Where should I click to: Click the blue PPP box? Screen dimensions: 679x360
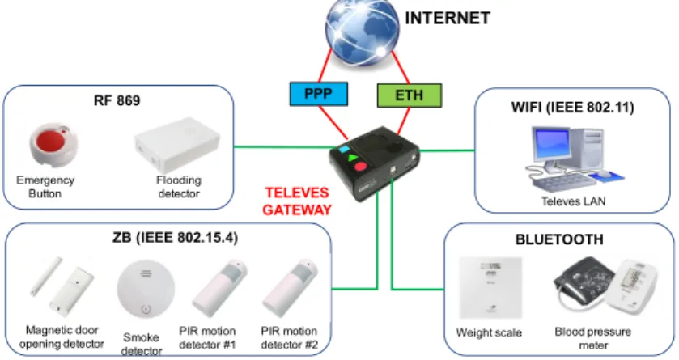point(318,94)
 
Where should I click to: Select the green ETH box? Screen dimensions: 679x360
point(410,95)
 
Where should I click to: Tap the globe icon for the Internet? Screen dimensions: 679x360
point(362,32)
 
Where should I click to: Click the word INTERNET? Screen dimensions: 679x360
point(448,18)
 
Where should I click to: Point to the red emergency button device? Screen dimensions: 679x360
point(53,144)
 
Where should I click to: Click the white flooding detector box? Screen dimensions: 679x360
point(177,145)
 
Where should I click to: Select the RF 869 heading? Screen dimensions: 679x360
point(117,101)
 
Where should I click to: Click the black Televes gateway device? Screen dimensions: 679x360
point(374,163)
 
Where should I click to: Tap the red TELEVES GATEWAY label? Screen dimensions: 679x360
point(297,201)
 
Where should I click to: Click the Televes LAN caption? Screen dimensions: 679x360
point(573,201)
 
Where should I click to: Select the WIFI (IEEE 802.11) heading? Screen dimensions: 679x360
point(572,108)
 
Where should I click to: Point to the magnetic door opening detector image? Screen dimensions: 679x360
point(62,285)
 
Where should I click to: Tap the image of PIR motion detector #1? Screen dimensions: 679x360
point(219,288)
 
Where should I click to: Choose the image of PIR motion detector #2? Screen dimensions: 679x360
point(291,288)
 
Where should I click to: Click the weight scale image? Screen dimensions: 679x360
point(490,288)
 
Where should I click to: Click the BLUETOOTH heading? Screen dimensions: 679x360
point(559,239)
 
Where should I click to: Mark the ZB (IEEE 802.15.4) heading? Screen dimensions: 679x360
point(175,238)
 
